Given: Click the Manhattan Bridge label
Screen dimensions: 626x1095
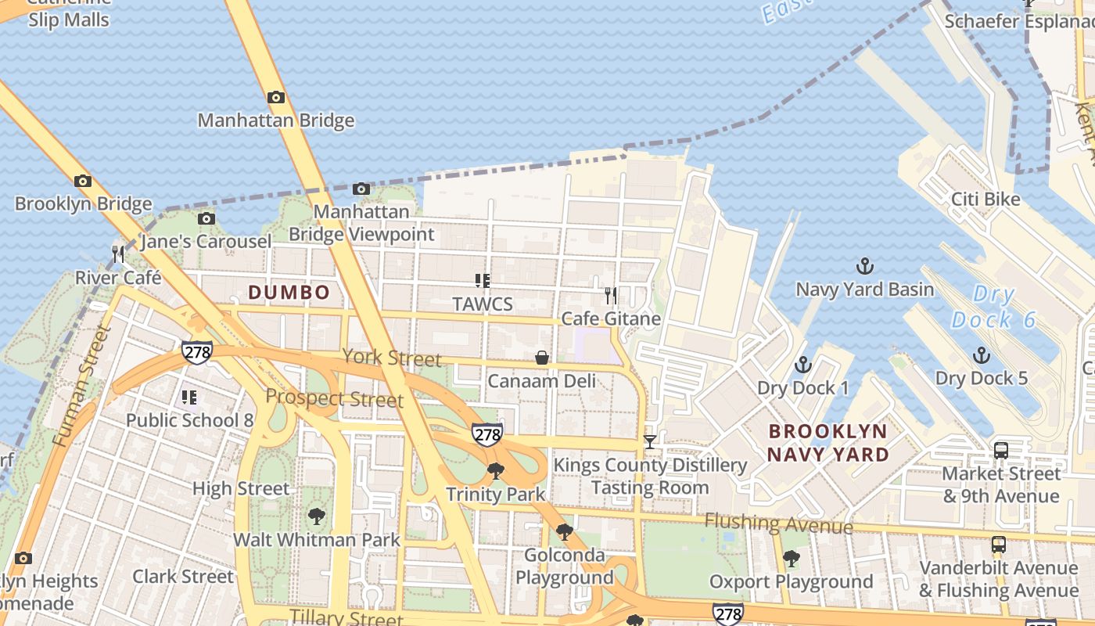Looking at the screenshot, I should (x=275, y=121).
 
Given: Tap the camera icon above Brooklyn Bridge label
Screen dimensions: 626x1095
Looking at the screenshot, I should (x=83, y=181).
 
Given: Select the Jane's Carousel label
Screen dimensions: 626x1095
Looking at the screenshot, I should (x=206, y=241).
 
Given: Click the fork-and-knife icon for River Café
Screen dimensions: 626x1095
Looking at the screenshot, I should (x=118, y=254).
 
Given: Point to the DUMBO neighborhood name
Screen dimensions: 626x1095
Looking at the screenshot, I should (x=289, y=293).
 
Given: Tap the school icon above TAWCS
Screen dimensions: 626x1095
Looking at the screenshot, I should (x=483, y=280).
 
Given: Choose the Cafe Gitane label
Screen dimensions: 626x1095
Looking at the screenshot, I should (x=611, y=318).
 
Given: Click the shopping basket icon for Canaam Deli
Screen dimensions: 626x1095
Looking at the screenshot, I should (x=541, y=358).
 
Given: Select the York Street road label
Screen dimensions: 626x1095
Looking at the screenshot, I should (x=391, y=358).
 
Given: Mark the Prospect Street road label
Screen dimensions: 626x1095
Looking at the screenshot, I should (x=335, y=398).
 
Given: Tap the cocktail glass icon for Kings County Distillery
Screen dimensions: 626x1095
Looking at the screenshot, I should (x=650, y=442).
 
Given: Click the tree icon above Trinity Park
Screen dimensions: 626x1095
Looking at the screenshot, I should (x=495, y=470).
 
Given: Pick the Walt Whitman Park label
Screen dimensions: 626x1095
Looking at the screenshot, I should (x=317, y=540).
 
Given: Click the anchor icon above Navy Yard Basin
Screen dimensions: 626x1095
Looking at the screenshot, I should (x=865, y=266).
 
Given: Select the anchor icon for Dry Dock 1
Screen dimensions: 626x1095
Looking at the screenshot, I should (x=802, y=365).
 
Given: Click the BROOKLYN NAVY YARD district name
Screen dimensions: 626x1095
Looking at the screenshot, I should (x=828, y=443).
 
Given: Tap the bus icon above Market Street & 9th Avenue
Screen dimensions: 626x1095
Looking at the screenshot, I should (x=1001, y=450).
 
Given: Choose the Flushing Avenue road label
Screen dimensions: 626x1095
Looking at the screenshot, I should (x=778, y=523).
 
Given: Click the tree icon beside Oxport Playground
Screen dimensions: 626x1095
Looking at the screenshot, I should (x=791, y=559).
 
